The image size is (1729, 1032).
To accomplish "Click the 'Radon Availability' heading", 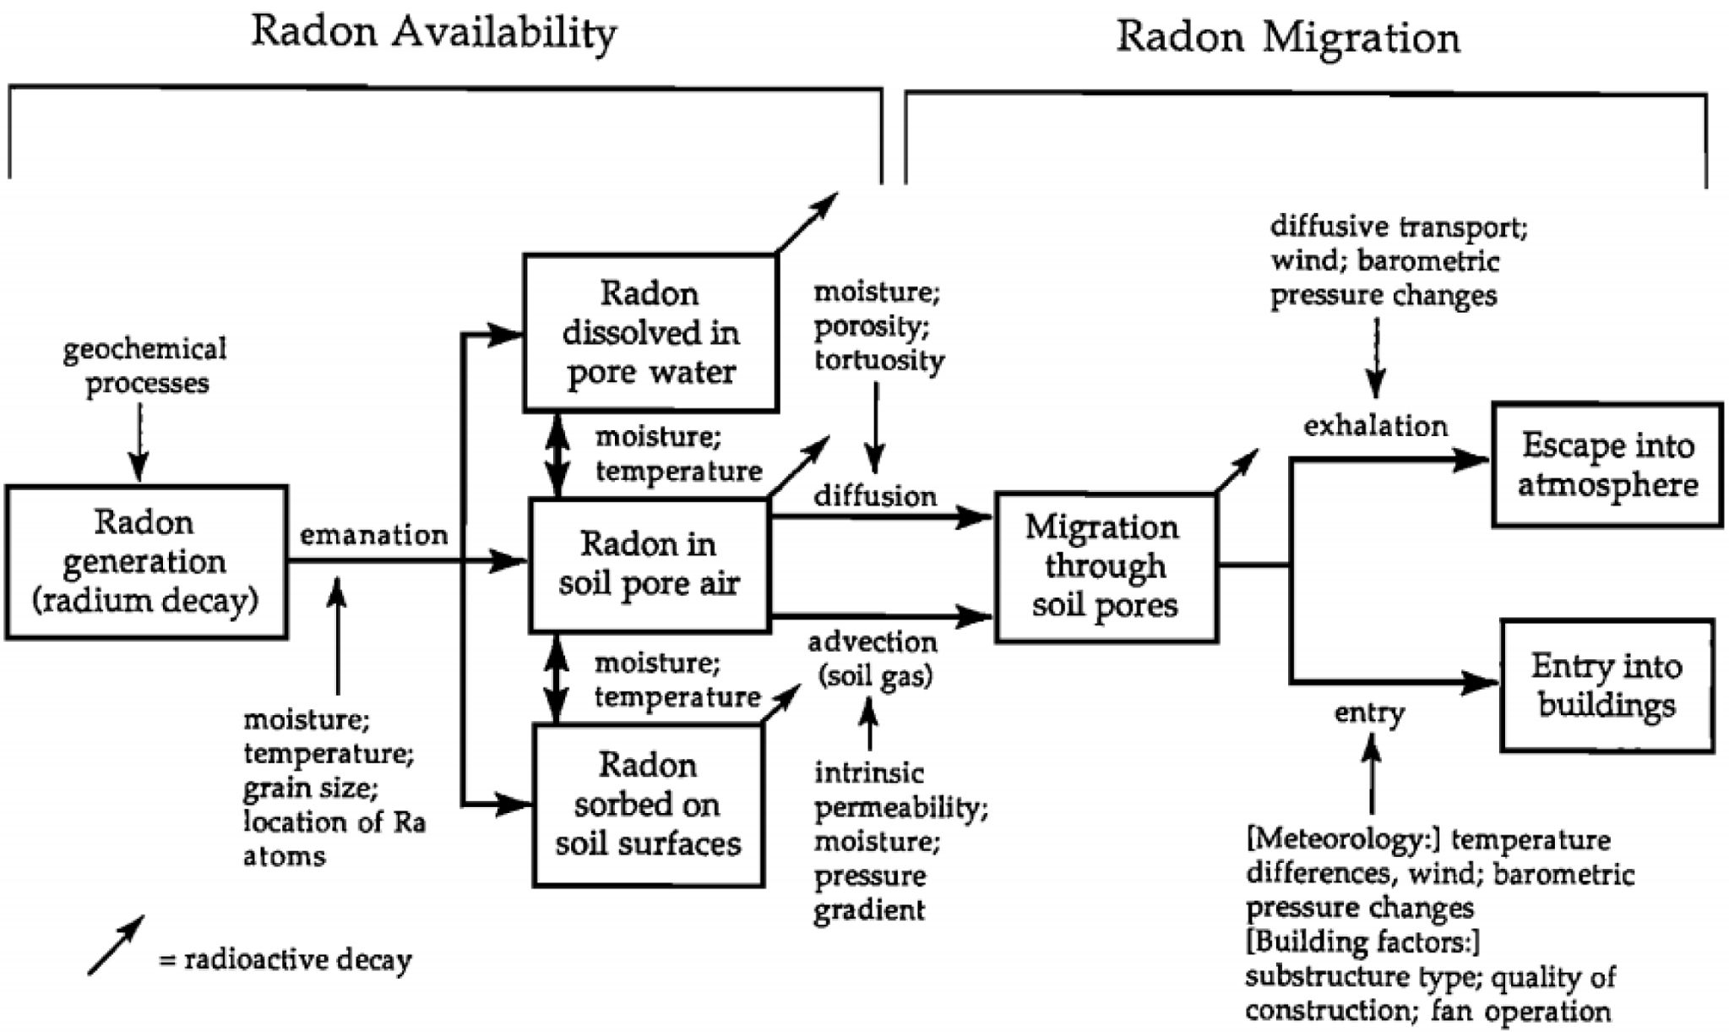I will click(434, 34).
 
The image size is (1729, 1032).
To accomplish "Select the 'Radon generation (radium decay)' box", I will click(146, 561).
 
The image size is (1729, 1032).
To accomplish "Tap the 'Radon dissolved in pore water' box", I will click(650, 333).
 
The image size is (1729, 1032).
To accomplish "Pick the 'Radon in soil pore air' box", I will click(649, 564).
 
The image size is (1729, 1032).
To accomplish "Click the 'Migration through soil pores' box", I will click(1106, 566).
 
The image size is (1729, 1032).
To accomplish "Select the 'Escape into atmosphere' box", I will click(1607, 465).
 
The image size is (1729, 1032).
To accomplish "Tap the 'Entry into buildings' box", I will click(1607, 685).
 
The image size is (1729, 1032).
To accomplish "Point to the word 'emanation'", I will click(373, 535).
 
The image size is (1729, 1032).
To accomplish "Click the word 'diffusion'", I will click(875, 496).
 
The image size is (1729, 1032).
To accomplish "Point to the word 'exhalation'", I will click(1375, 426).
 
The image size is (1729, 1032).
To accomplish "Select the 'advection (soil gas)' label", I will click(873, 659).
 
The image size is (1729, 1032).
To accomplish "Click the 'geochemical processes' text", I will click(145, 365).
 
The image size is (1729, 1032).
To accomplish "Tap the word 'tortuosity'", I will click(879, 360).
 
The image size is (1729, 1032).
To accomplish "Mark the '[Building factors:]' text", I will click(1362, 942).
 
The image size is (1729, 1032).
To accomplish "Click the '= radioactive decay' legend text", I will click(285, 960).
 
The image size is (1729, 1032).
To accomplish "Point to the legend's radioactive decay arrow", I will click(116, 945).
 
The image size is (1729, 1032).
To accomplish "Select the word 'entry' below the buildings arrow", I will click(1369, 713).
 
